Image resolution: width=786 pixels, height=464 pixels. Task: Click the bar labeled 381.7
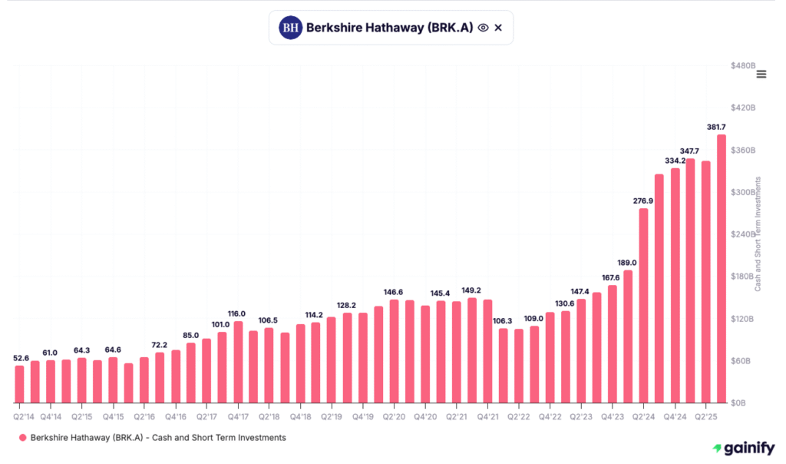722,269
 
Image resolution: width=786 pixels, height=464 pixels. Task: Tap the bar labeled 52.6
19,384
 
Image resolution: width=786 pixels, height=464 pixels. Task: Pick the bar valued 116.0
238,362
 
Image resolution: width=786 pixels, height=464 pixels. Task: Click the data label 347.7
690,151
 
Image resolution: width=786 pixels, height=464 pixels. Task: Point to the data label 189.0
627,263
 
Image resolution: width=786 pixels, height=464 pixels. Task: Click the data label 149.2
471,290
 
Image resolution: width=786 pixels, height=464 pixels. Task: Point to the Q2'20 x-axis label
394,416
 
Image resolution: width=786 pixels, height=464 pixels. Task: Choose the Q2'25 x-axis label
706,416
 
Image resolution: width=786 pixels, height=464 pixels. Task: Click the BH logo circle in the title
290,28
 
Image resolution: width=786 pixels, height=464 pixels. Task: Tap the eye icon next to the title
483,28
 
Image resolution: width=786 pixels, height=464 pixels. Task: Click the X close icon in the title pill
498,28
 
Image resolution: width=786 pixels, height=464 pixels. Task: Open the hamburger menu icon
761,74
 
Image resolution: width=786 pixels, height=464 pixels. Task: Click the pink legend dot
22,438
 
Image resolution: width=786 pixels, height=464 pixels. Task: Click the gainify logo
742,448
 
